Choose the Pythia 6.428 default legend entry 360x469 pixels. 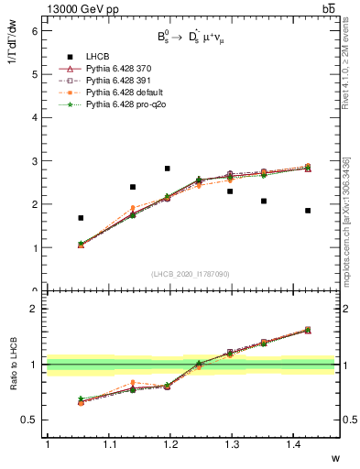[x=119, y=93]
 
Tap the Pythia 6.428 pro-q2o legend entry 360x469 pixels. [x=120, y=105]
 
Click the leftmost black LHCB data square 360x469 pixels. [x=81, y=218]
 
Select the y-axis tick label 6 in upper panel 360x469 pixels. [x=34, y=30]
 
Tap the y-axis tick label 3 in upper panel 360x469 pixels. [x=34, y=161]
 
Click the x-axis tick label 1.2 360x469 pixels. [x=177, y=444]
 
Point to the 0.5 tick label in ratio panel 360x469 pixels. [x=29, y=420]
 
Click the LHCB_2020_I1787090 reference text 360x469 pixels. [x=190, y=273]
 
